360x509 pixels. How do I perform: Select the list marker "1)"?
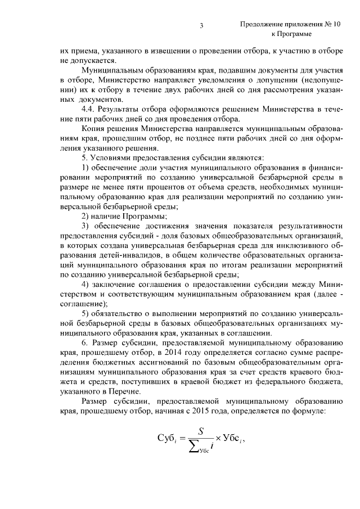86,167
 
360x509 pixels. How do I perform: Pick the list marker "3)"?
86,226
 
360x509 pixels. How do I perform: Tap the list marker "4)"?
86,286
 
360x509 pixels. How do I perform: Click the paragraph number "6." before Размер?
85,345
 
